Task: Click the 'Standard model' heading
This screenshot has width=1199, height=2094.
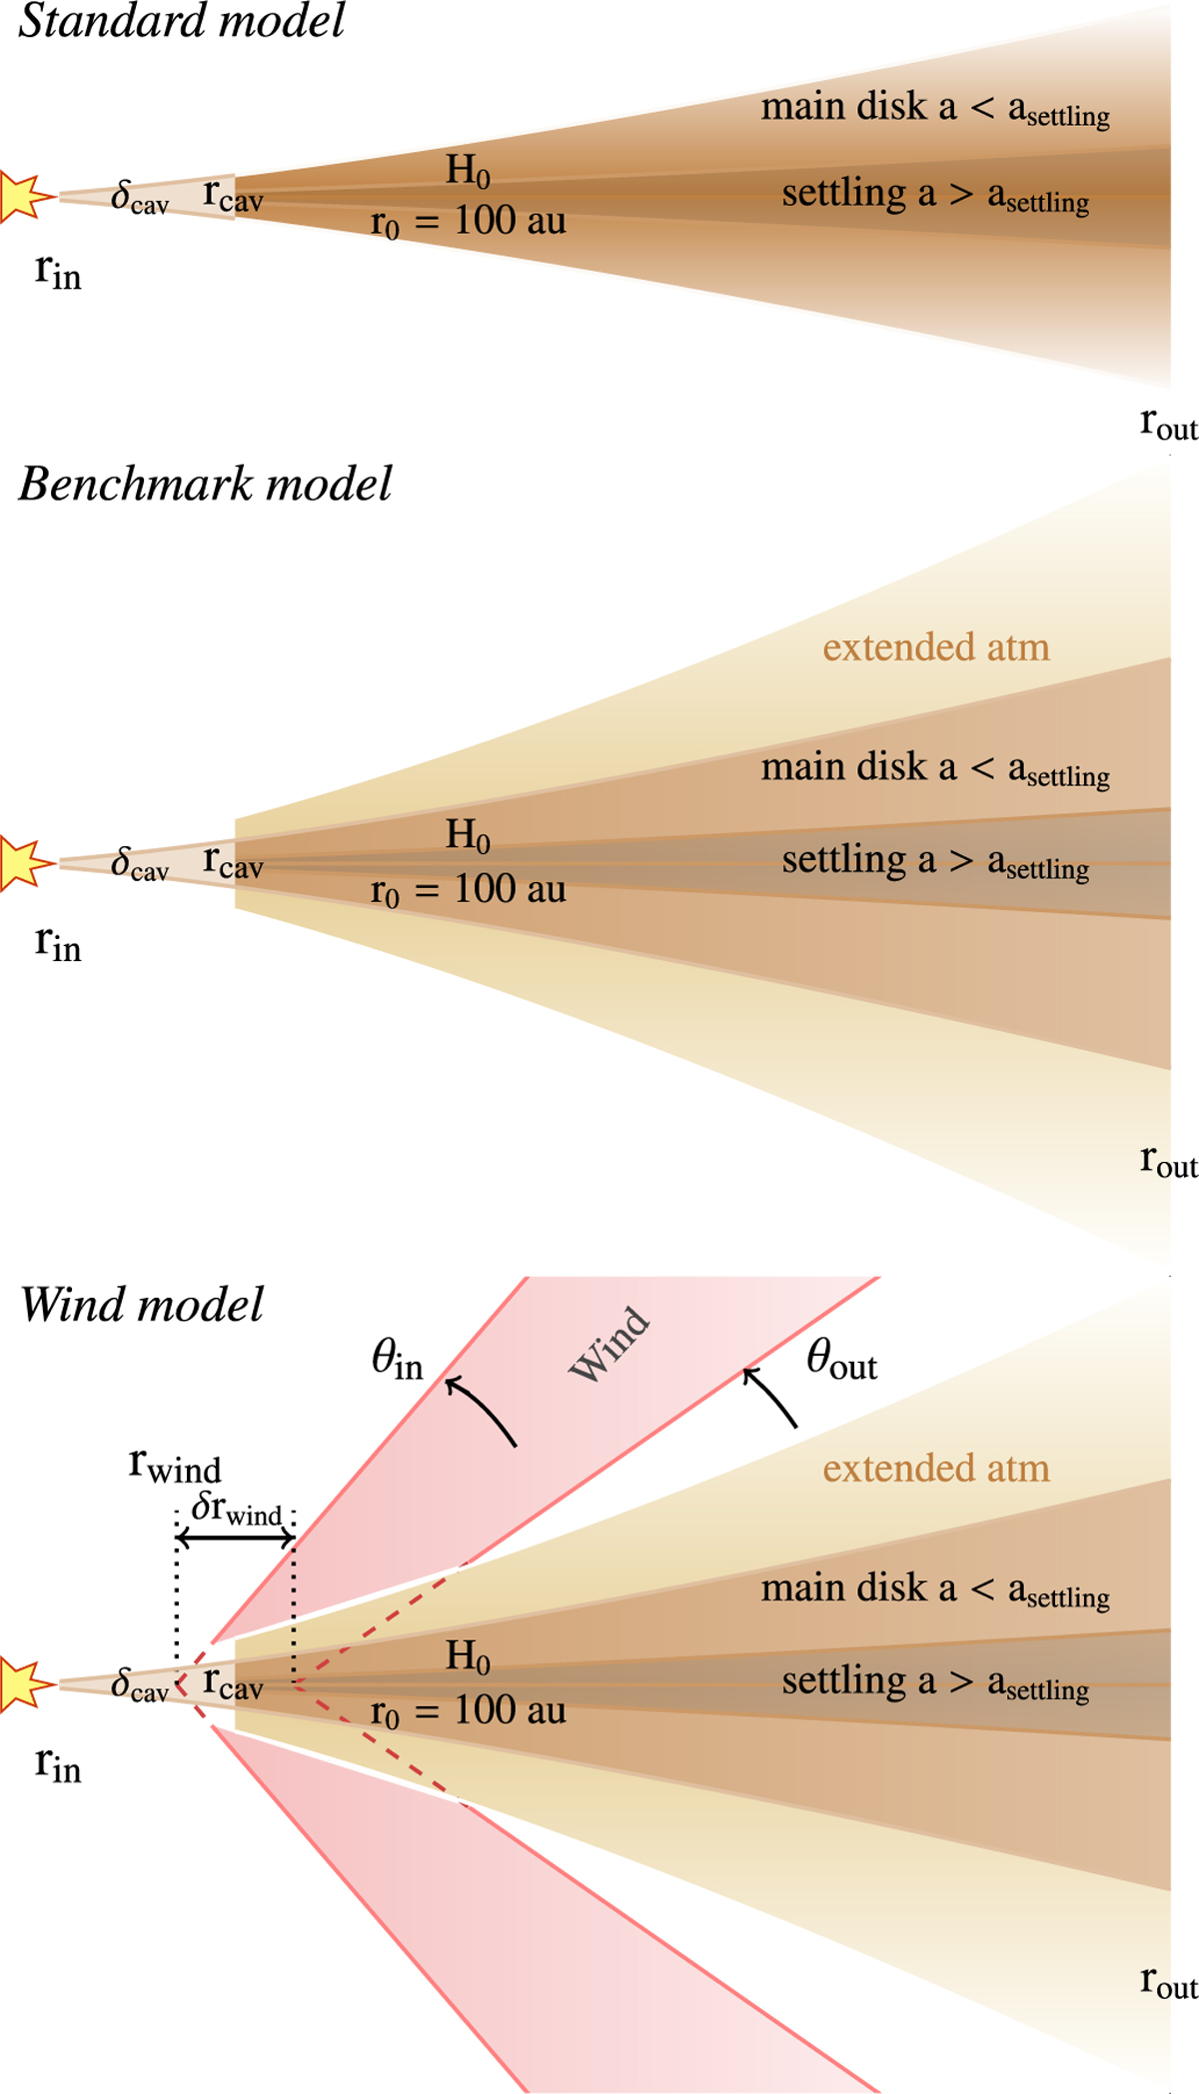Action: pyautogui.click(x=181, y=22)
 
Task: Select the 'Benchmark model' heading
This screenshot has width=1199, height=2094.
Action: pyautogui.click(x=205, y=485)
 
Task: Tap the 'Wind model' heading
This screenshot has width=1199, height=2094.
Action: pyautogui.click(x=142, y=1306)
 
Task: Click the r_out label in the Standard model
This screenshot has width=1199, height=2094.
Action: pyautogui.click(x=1168, y=424)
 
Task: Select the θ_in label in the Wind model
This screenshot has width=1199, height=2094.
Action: pyautogui.click(x=397, y=1360)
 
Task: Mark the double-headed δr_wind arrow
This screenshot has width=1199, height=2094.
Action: pyautogui.click(x=235, y=1540)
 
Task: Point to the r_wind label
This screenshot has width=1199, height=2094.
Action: pyautogui.click(x=175, y=1466)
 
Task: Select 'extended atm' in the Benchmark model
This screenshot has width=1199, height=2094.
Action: pyautogui.click(x=936, y=647)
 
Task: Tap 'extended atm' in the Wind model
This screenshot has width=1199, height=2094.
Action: pyautogui.click(x=936, y=1469)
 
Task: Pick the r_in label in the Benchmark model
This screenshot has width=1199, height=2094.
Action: pyautogui.click(x=58, y=942)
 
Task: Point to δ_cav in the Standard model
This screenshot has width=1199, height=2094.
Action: pyautogui.click(x=139, y=197)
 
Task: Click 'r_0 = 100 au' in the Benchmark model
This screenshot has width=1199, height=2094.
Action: pyautogui.click(x=468, y=890)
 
